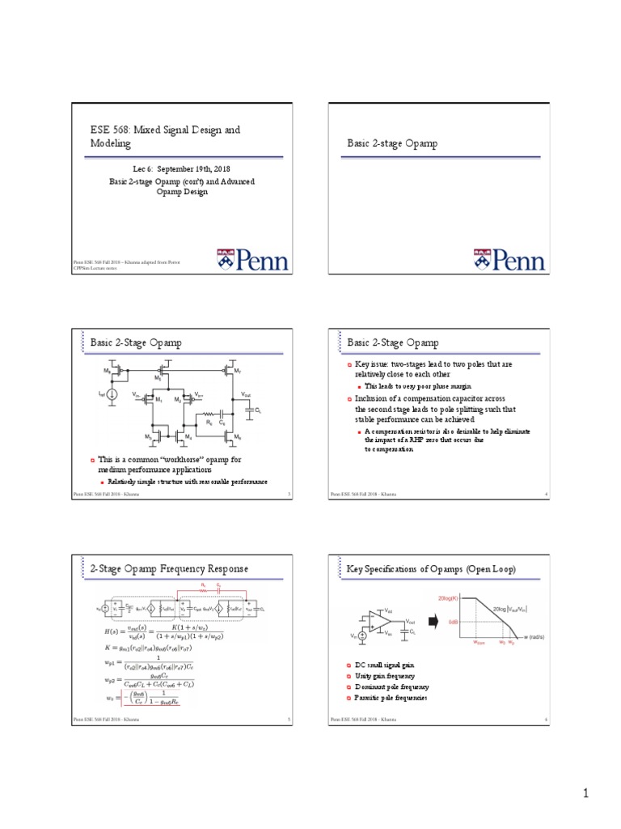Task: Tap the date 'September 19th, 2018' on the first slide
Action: click(x=188, y=170)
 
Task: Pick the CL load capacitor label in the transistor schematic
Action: click(x=258, y=411)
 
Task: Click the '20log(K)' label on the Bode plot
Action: click(x=450, y=597)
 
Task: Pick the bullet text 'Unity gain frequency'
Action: click(x=385, y=675)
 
